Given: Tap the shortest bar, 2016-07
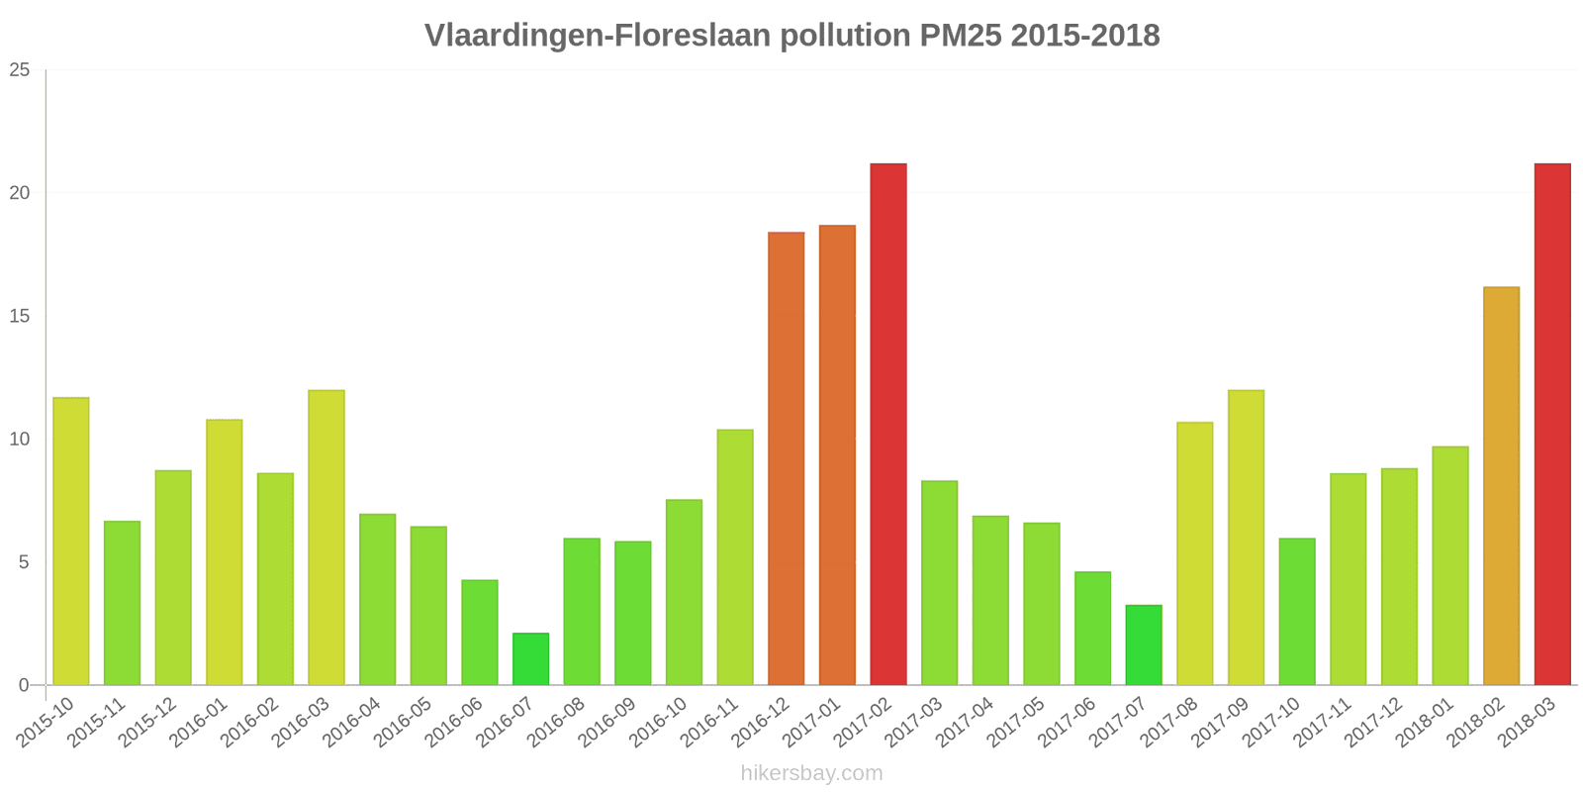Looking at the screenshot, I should pos(530,659).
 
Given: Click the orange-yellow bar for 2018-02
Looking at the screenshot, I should pos(1501,486).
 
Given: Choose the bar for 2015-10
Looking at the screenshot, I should pos(70,541).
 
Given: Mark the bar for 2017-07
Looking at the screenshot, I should pos(1144,644).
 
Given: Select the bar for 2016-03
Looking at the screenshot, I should pos(326,538).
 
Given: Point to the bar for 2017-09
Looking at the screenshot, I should pos(1246,538).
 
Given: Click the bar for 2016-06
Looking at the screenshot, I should pos(479,633).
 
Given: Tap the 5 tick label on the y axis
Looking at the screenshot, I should pos(24,562).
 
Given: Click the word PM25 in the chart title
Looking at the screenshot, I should pos(960,36).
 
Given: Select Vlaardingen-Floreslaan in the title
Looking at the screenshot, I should pos(598,36).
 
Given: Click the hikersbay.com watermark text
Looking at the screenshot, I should pos(811,773).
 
